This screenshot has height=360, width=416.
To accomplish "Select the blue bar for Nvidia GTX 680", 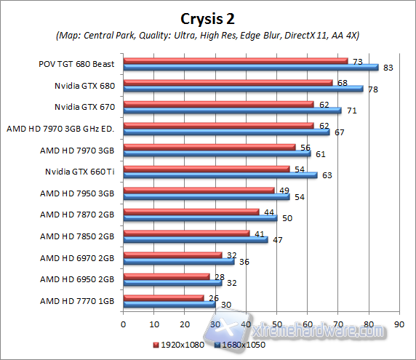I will click(x=243, y=89).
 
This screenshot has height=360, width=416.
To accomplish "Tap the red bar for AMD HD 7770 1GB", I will click(x=164, y=297).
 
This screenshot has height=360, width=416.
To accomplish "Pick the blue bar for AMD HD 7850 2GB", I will click(x=196, y=239).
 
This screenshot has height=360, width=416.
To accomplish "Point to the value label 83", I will click(x=388, y=68).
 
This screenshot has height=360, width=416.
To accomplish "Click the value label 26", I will click(x=213, y=297).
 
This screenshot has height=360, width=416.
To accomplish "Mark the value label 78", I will click(x=373, y=89).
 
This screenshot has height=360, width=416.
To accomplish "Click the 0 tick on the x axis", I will click(x=124, y=323).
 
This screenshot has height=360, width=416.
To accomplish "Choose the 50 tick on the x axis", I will click(x=276, y=323).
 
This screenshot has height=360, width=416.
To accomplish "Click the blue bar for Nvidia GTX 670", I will click(x=232, y=111).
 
